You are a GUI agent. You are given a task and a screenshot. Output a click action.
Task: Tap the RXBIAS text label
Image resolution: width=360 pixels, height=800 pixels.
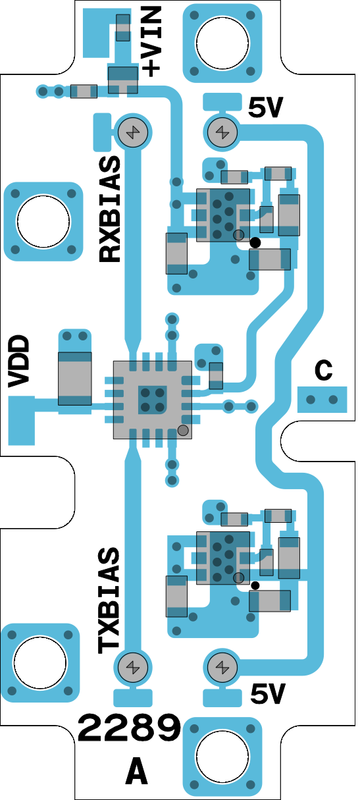point(110,209)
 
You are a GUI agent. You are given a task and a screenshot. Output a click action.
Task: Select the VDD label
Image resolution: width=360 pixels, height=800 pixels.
point(18,361)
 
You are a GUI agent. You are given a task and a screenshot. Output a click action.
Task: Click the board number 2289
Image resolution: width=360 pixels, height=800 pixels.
point(129,728)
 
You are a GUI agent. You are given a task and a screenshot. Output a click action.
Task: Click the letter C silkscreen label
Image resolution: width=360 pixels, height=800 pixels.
point(323,370)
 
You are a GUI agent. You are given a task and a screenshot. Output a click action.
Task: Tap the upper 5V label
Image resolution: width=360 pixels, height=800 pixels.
point(266,107)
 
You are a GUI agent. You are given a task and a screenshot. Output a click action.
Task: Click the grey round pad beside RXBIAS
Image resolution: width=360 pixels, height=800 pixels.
point(133,132)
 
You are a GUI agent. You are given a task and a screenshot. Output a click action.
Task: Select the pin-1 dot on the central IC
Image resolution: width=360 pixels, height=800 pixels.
point(183,431)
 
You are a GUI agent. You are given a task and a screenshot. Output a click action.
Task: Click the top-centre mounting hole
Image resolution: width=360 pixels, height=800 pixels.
point(222,43)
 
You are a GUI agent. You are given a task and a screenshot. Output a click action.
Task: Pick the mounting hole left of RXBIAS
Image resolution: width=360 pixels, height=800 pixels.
point(43,221)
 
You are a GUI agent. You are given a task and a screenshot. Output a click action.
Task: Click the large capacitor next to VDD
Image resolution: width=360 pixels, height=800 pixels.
point(74,379)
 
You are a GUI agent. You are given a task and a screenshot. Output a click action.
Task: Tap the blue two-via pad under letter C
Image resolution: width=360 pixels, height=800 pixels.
point(322,400)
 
